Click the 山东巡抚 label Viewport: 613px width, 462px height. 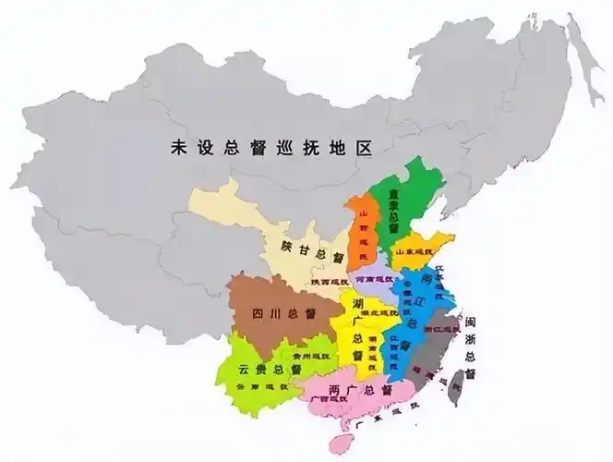(415, 251)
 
